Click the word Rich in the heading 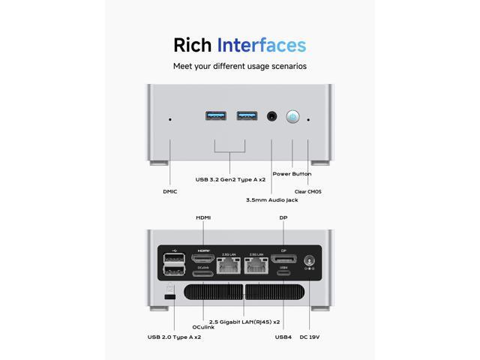pyautogui.click(x=192, y=44)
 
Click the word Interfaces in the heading pyautogui.click(x=261, y=44)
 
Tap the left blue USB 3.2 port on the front pyautogui.click(x=214, y=115)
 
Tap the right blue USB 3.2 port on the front pyautogui.click(x=246, y=115)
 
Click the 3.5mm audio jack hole pyautogui.click(x=272, y=117)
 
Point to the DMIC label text pyautogui.click(x=170, y=191)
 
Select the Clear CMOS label pyautogui.click(x=309, y=191)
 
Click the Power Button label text pyautogui.click(x=292, y=173)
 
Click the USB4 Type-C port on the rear pyautogui.click(x=283, y=274)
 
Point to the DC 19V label pyautogui.click(x=310, y=337)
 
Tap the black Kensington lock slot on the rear pyautogui.click(x=169, y=298)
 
